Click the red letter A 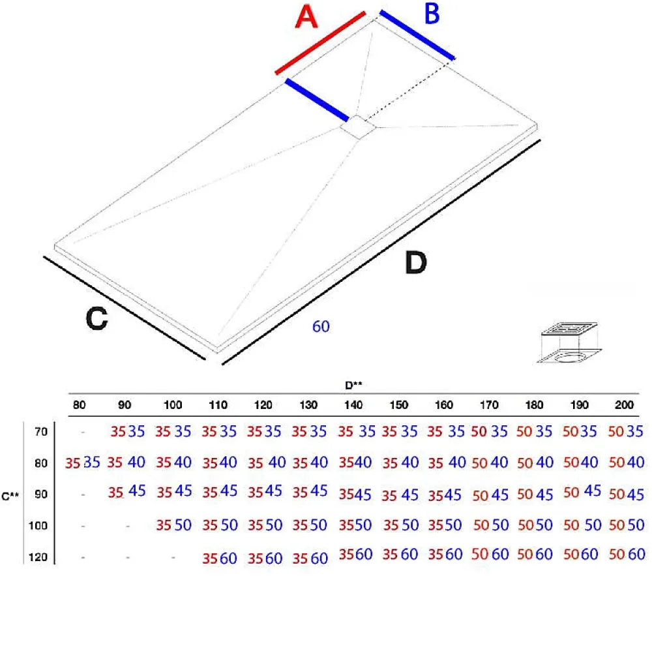click(x=306, y=17)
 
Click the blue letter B click(x=432, y=13)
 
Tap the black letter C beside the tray click(x=97, y=318)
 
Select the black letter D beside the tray click(x=416, y=263)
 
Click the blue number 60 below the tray click(x=321, y=326)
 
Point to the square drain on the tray click(x=358, y=127)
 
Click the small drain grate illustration click(x=569, y=342)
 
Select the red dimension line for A click(x=321, y=43)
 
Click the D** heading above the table click(x=353, y=386)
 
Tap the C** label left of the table click(x=10, y=496)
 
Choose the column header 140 click(x=353, y=405)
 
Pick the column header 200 click(x=624, y=405)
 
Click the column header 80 click(x=79, y=405)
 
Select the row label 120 click(x=38, y=557)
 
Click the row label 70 click(x=41, y=432)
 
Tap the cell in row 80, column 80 click(x=82, y=463)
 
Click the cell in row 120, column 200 click(x=627, y=554)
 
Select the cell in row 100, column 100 click(x=173, y=525)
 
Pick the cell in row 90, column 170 click(x=490, y=495)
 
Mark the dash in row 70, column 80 click(x=83, y=433)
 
